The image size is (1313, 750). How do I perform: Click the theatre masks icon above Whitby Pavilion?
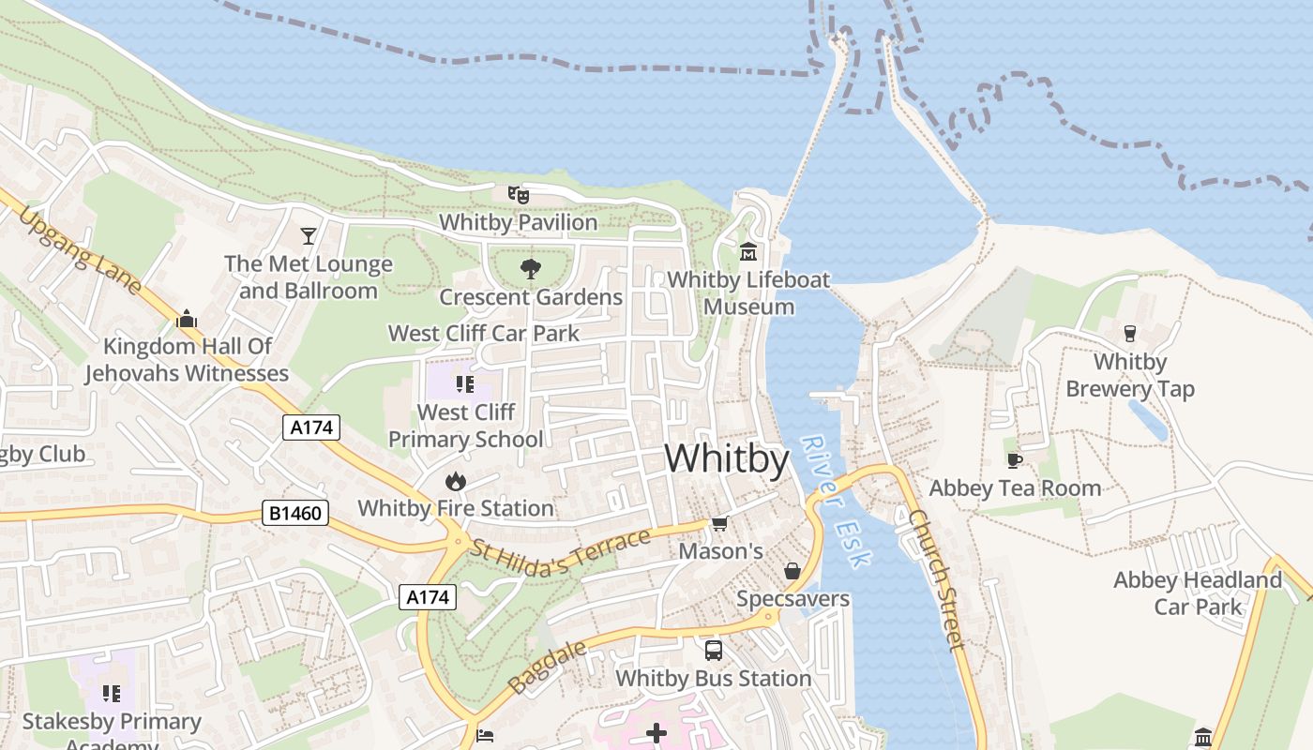(x=519, y=194)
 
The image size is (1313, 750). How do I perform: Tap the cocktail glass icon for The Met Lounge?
(x=309, y=235)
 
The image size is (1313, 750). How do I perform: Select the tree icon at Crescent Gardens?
(x=531, y=269)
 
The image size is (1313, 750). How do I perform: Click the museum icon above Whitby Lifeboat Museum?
(x=748, y=251)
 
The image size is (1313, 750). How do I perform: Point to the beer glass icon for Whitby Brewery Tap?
(x=1130, y=333)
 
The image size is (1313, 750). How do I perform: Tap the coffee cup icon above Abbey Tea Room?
(x=1014, y=459)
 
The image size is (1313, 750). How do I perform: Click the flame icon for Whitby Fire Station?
(x=456, y=481)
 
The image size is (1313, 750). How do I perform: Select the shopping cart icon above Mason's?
(x=719, y=523)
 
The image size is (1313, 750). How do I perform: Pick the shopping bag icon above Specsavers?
(x=792, y=571)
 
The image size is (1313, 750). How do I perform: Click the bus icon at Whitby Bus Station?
(x=714, y=650)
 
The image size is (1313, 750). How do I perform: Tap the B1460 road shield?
(x=295, y=513)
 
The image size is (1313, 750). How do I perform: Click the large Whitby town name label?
(x=727, y=459)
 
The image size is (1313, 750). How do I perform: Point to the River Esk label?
(x=838, y=502)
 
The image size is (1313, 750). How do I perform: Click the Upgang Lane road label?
(x=80, y=250)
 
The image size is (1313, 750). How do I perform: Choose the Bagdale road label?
(x=548, y=667)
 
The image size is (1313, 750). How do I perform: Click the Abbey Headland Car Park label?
(x=1198, y=593)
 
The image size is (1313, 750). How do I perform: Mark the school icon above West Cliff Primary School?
(x=464, y=383)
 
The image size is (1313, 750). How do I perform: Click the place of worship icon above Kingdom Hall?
(x=187, y=319)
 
